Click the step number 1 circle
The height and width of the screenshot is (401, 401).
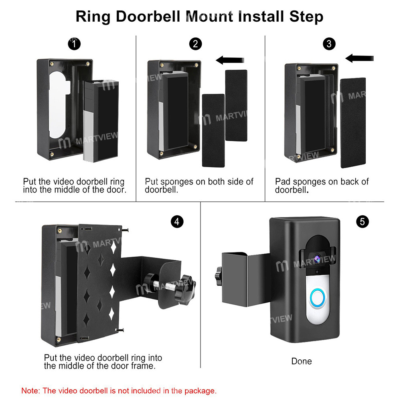[73, 44]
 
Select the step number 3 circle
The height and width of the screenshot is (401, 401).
[329, 44]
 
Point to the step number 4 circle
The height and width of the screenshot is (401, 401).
[176, 221]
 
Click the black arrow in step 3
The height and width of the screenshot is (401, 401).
[360, 59]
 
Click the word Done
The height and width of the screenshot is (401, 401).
[301, 361]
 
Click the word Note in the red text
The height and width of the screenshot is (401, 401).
[30, 390]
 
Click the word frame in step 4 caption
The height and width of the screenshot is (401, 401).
[143, 366]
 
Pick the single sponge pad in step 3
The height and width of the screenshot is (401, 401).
[352, 122]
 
